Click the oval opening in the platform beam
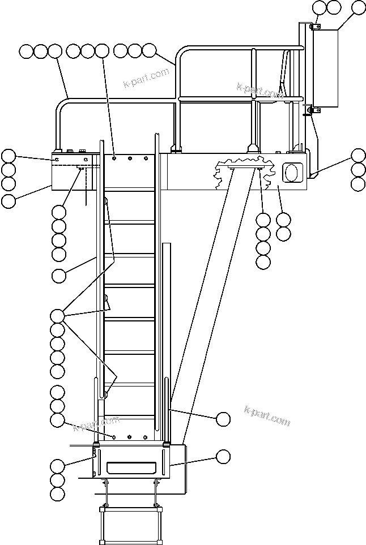[x=293, y=173]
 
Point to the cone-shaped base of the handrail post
[x=252, y=148]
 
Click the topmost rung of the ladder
[x=130, y=190]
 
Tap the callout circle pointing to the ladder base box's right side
[x=223, y=456]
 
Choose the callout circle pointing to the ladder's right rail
[x=223, y=419]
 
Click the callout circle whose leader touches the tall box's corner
[x=359, y=7]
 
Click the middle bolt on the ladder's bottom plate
[x=130, y=437]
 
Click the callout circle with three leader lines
[x=57, y=315]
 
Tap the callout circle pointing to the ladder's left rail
[x=58, y=276]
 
